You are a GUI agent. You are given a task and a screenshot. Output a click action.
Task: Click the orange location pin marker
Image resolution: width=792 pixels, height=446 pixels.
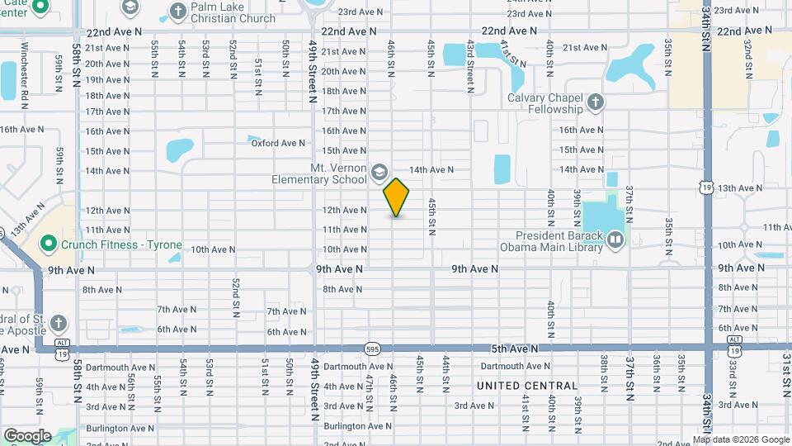[x=397, y=197]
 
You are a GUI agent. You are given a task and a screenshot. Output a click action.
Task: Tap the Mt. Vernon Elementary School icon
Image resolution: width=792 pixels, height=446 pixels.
[x=379, y=172]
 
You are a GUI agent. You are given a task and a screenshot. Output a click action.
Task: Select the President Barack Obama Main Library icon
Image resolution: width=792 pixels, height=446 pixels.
[x=615, y=240]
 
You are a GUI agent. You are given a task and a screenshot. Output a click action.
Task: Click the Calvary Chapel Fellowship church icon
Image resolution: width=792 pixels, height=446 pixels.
[x=596, y=103]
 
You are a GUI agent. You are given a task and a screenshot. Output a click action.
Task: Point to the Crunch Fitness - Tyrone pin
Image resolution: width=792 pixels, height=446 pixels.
[x=49, y=244]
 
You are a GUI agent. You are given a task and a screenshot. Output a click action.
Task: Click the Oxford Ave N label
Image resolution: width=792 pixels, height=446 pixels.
[x=279, y=143]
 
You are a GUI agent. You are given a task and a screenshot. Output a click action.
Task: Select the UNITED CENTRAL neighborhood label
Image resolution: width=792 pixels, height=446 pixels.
[x=527, y=386]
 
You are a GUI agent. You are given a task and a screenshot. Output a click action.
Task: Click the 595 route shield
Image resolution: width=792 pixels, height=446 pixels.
[x=374, y=349]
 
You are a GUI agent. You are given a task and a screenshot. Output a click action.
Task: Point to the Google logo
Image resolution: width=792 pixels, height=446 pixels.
[x=28, y=435]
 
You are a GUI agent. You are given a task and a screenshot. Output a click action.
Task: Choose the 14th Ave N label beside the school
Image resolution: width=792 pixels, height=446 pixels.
[x=431, y=170]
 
